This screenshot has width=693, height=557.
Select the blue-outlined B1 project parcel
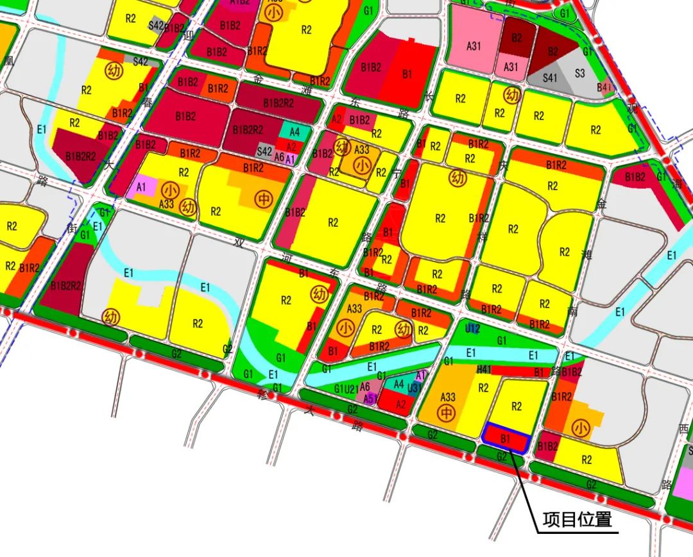506,439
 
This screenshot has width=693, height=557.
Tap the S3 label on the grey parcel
579,74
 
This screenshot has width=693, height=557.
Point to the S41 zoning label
550,78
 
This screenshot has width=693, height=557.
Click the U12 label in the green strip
472,329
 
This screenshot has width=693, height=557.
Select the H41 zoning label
484,370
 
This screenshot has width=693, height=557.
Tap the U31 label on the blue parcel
415,387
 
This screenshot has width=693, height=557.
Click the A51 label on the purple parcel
370,398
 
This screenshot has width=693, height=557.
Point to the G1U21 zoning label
345,388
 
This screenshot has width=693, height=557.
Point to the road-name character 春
148,101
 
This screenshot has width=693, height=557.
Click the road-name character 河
286,258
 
